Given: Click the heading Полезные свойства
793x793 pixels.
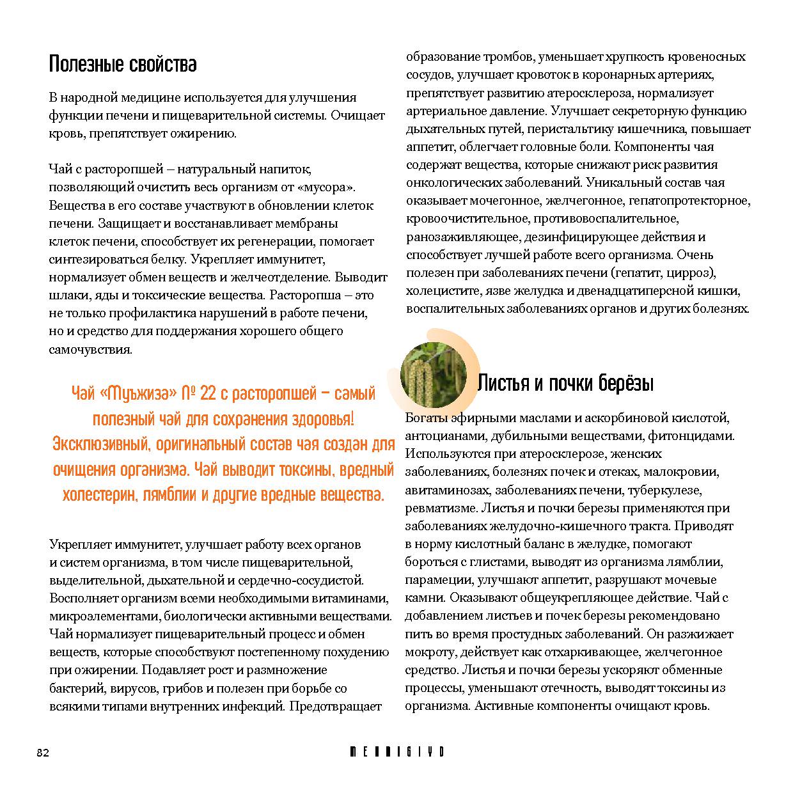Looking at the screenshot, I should point(123,65).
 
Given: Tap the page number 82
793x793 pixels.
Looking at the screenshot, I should point(42,753).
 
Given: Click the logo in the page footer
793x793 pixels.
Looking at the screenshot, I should point(396,752).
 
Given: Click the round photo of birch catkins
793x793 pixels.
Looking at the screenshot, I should point(425,375).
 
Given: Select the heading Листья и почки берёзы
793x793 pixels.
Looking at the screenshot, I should point(565,384).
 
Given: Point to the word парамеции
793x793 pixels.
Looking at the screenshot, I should point(435,580).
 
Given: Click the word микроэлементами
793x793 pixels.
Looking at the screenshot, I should point(105,616).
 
